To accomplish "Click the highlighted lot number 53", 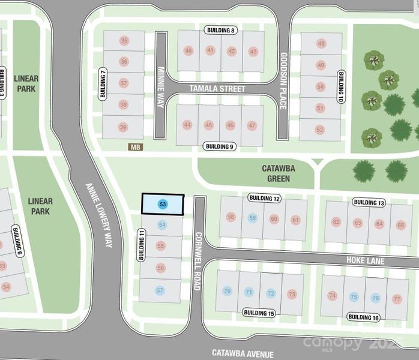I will [x=162, y=205].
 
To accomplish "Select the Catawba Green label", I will [x=276, y=174].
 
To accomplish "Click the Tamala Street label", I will [x=217, y=89].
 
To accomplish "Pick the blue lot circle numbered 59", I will [x=253, y=218].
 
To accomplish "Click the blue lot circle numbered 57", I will [x=160, y=290].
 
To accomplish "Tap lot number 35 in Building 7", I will [x=124, y=41].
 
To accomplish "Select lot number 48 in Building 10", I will [x=321, y=44].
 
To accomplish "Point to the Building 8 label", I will [x=221, y=30].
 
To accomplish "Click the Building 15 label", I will [x=259, y=313].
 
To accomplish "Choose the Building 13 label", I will [x=368, y=202].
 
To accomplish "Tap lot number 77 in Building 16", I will [x=397, y=298].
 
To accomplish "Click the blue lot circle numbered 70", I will [x=227, y=292].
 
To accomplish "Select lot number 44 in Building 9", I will [x=187, y=125].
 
